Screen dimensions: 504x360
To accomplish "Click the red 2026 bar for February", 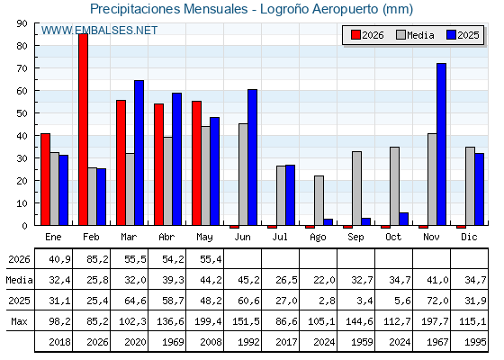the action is pyautogui.click(x=83, y=130).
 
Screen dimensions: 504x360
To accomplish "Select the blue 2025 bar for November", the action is pyautogui.click(x=441, y=144).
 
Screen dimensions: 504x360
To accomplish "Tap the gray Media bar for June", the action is pyautogui.click(x=243, y=175).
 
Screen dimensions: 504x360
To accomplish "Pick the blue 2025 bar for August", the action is pyautogui.click(x=328, y=222).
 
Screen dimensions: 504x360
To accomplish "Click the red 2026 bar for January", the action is pyautogui.click(x=45, y=179).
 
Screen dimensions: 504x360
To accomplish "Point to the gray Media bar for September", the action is pyautogui.click(x=356, y=188).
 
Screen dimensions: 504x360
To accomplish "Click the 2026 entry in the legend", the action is pyautogui.click(x=368, y=35).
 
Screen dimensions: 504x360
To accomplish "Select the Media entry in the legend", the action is pyautogui.click(x=415, y=35).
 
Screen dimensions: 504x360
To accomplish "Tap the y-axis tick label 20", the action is pyautogui.click(x=22, y=181).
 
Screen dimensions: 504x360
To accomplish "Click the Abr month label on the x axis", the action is pyautogui.click(x=166, y=237).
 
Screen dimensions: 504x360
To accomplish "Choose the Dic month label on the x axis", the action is pyautogui.click(x=469, y=237).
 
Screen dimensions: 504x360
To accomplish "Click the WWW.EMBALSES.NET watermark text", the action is pyautogui.click(x=99, y=31).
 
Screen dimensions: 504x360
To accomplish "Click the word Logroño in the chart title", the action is pyautogui.click(x=284, y=9).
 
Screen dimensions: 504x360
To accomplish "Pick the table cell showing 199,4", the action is pyautogui.click(x=208, y=321).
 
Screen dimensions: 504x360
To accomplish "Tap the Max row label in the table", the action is pyautogui.click(x=19, y=321).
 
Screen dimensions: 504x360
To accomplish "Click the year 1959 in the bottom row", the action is pyautogui.click(x=362, y=342).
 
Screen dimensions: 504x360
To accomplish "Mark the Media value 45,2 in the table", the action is pyautogui.click(x=248, y=280).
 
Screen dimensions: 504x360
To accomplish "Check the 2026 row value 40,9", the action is pyautogui.click(x=59, y=259).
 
